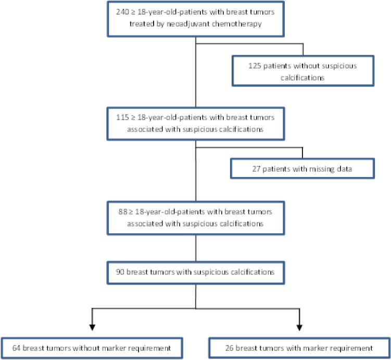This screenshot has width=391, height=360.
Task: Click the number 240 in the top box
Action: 122,12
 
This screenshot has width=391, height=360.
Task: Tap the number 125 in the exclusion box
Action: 255,66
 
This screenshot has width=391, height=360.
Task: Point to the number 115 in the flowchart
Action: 122,118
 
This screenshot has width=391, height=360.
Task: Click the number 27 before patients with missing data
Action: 256,169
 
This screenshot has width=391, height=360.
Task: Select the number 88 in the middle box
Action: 123,212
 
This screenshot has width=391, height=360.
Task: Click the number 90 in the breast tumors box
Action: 120,272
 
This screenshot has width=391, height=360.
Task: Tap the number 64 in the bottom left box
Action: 17,348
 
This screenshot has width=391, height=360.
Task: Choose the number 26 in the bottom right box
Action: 230,348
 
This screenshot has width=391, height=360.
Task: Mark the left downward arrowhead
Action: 92,328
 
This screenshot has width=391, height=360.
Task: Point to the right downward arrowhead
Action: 299,328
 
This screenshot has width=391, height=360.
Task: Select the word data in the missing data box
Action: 344,169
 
